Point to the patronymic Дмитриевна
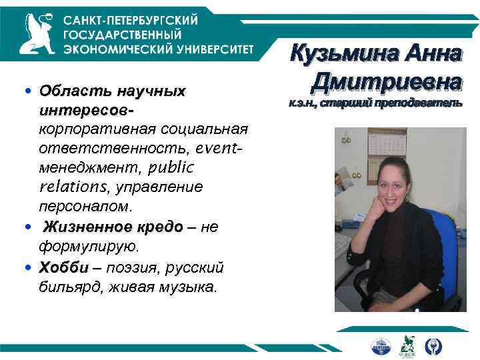(x=386, y=81)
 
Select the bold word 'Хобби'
(x=63, y=268)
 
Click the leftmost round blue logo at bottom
(x=381, y=345)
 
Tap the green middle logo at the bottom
(x=407, y=345)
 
